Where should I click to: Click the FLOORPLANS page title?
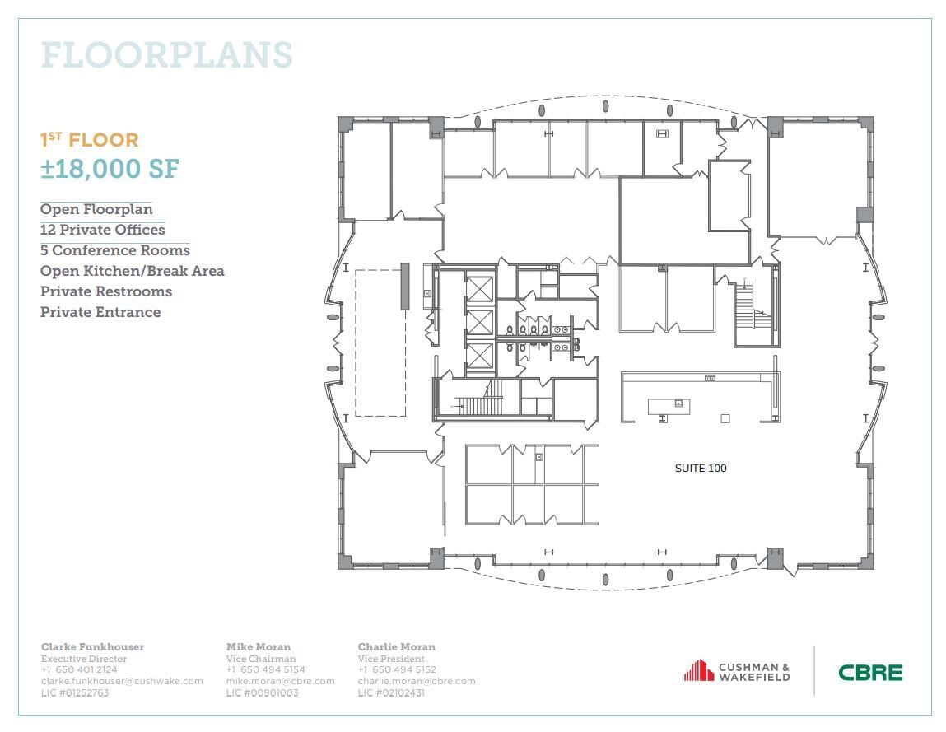pyautogui.click(x=166, y=55)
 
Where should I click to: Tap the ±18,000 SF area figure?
pyautogui.click(x=110, y=168)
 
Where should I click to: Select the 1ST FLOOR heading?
pyautogui.click(x=90, y=141)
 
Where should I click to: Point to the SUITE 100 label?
pyautogui.click(x=701, y=469)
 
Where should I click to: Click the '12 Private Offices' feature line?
pyautogui.click(x=102, y=230)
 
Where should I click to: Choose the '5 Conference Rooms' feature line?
pyautogui.click(x=114, y=250)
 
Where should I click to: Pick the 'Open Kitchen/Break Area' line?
pyautogui.click(x=132, y=271)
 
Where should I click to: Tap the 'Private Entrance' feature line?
pyautogui.click(x=100, y=312)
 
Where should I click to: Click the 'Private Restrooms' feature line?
pyautogui.click(x=105, y=291)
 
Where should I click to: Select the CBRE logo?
pyautogui.click(x=870, y=673)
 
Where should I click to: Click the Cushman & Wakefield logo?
pyautogui.click(x=737, y=671)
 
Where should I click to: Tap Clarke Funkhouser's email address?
pyautogui.click(x=122, y=681)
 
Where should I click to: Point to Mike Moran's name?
pyautogui.click(x=258, y=647)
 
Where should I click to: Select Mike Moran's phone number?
pyautogui.click(x=265, y=670)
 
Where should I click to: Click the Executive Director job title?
pyautogui.click(x=84, y=659)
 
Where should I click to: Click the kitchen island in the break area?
pyautogui.click(x=669, y=406)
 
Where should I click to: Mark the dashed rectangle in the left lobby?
pyautogui.click(x=380, y=343)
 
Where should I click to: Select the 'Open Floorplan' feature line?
pyautogui.click(x=96, y=209)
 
